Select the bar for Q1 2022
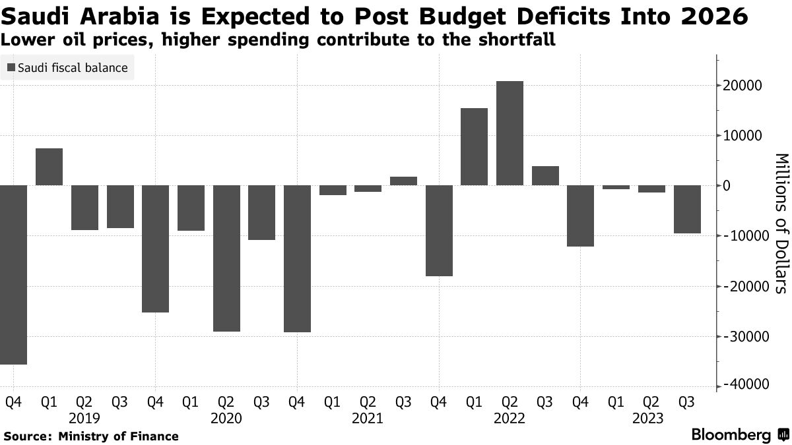pyautogui.click(x=474, y=146)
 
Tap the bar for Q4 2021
pyautogui.click(x=439, y=230)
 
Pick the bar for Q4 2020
pyautogui.click(x=297, y=258)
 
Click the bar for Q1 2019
pyautogui.click(x=49, y=167)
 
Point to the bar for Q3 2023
pyautogui.click(x=687, y=209)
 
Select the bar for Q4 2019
pyautogui.click(x=155, y=249)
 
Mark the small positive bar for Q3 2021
pyautogui.click(x=403, y=181)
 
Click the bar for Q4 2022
pyautogui.click(x=580, y=216)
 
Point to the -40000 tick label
pyautogui.click(x=742, y=385)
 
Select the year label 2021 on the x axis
pyautogui.click(x=368, y=418)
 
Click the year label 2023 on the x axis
pyautogui.click(x=651, y=418)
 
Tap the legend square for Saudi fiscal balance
pyautogui.click(x=12, y=68)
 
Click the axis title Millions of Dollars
pyautogui.click(x=780, y=223)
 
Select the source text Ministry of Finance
pyautogui.click(x=118, y=436)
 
